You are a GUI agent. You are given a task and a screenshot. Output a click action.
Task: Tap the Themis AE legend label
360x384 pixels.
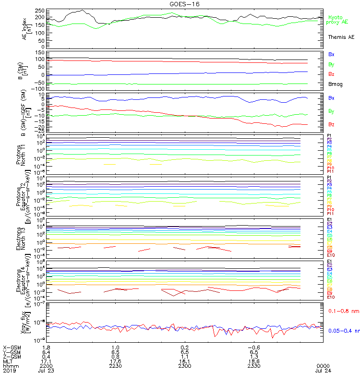pyautogui.click(x=341, y=37)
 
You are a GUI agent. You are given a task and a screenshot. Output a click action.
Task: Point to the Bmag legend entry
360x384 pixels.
pyautogui.click(x=335, y=84)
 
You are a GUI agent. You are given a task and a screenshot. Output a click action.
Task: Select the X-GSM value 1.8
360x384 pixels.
pyautogui.click(x=47, y=347)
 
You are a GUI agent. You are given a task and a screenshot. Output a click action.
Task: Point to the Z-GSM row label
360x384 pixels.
pyautogui.click(x=12, y=356)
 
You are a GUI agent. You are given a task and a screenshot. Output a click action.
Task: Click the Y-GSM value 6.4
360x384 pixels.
pyautogui.click(x=47, y=352)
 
